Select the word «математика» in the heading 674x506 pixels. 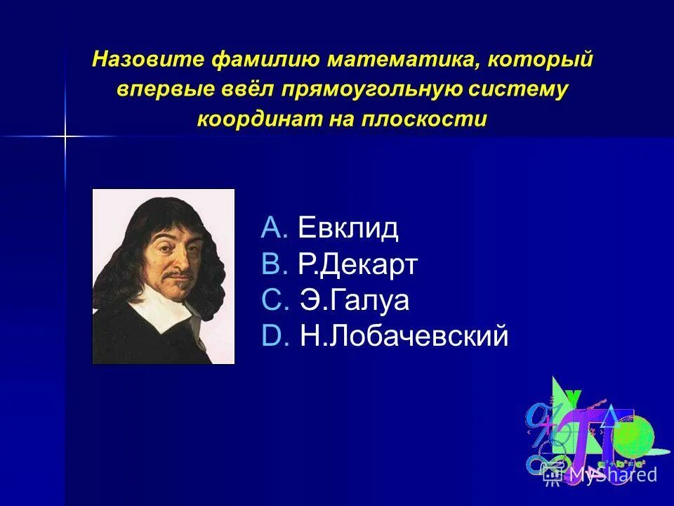point(394,59)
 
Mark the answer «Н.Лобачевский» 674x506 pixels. point(403,337)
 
